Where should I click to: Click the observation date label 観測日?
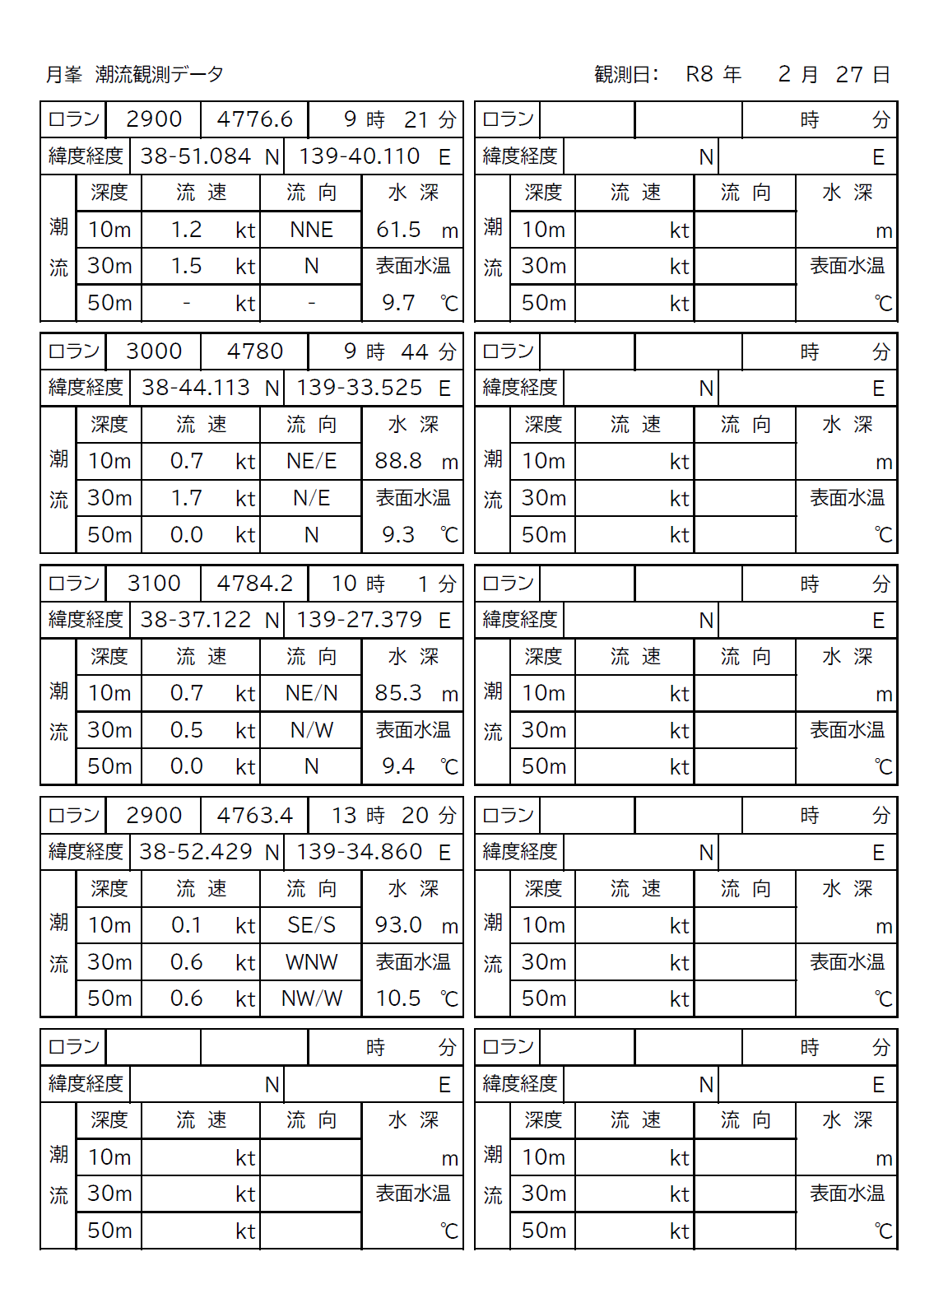626,75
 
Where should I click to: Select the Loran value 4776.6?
254,119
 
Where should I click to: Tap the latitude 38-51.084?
195,156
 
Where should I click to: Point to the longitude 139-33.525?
359,388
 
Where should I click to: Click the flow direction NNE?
311,230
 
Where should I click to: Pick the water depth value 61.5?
398,230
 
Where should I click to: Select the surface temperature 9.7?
398,303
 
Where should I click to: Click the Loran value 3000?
154,351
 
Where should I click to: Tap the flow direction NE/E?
311,461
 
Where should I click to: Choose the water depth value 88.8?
398,461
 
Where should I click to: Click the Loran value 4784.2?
254,584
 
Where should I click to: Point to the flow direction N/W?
311,730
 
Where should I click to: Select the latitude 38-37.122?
195,620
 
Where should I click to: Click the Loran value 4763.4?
254,816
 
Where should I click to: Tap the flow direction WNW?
311,962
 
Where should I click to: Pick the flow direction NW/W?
311,998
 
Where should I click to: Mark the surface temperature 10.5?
398,998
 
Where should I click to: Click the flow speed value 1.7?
187,498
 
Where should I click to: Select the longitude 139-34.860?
359,852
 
